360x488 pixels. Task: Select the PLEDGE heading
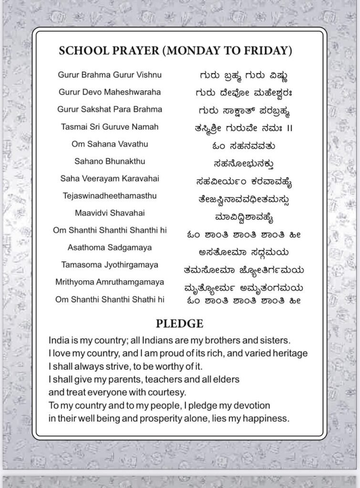coord(180,324)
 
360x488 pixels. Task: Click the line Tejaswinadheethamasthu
coord(110,195)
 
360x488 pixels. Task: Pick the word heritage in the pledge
coord(291,354)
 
